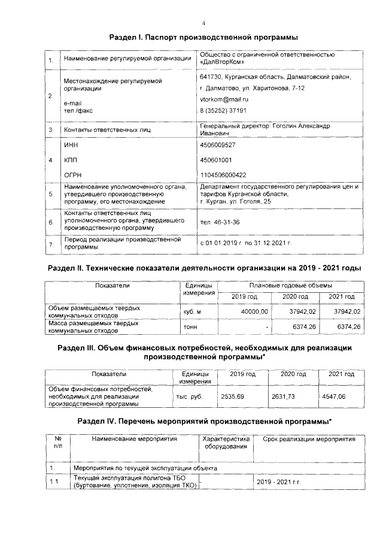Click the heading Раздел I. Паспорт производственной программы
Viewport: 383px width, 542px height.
(204, 38)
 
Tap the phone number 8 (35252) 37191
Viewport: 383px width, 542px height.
(223, 111)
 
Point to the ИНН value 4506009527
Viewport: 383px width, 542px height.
(217, 146)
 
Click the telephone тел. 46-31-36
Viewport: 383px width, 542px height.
(220, 222)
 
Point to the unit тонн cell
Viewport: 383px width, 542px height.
(190, 327)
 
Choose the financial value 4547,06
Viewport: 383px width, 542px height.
(334, 396)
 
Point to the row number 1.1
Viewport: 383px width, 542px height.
(53, 482)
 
